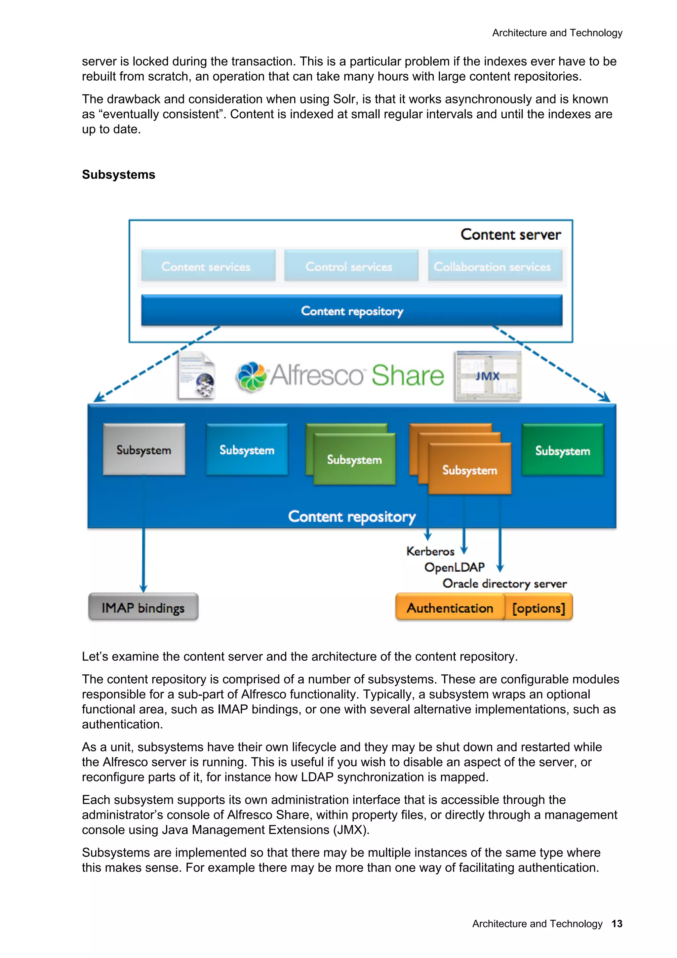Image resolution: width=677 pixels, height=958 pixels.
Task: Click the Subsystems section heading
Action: point(118,175)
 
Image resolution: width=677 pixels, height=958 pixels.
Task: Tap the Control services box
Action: point(351,266)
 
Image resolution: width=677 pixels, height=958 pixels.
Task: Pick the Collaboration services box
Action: point(495,266)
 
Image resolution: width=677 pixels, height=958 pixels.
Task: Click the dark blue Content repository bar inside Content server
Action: point(352,311)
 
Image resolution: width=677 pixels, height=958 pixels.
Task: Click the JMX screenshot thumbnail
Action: point(488,376)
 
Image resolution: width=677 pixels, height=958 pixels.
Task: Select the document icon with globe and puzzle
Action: point(196,376)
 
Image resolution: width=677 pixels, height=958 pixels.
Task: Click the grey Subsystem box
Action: point(144,449)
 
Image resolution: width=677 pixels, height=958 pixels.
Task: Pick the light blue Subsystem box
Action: point(247,449)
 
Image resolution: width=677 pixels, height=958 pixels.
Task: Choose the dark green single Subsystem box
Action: point(562,450)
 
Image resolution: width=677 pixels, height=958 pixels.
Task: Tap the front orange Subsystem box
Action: point(470,469)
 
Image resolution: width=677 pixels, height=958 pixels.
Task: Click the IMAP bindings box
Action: point(143,607)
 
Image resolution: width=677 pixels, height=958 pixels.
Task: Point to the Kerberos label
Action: point(430,551)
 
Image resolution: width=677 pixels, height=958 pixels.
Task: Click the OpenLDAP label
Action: point(454,567)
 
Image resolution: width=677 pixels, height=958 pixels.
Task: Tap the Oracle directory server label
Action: point(504,583)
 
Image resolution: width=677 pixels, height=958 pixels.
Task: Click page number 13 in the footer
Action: point(617,923)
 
